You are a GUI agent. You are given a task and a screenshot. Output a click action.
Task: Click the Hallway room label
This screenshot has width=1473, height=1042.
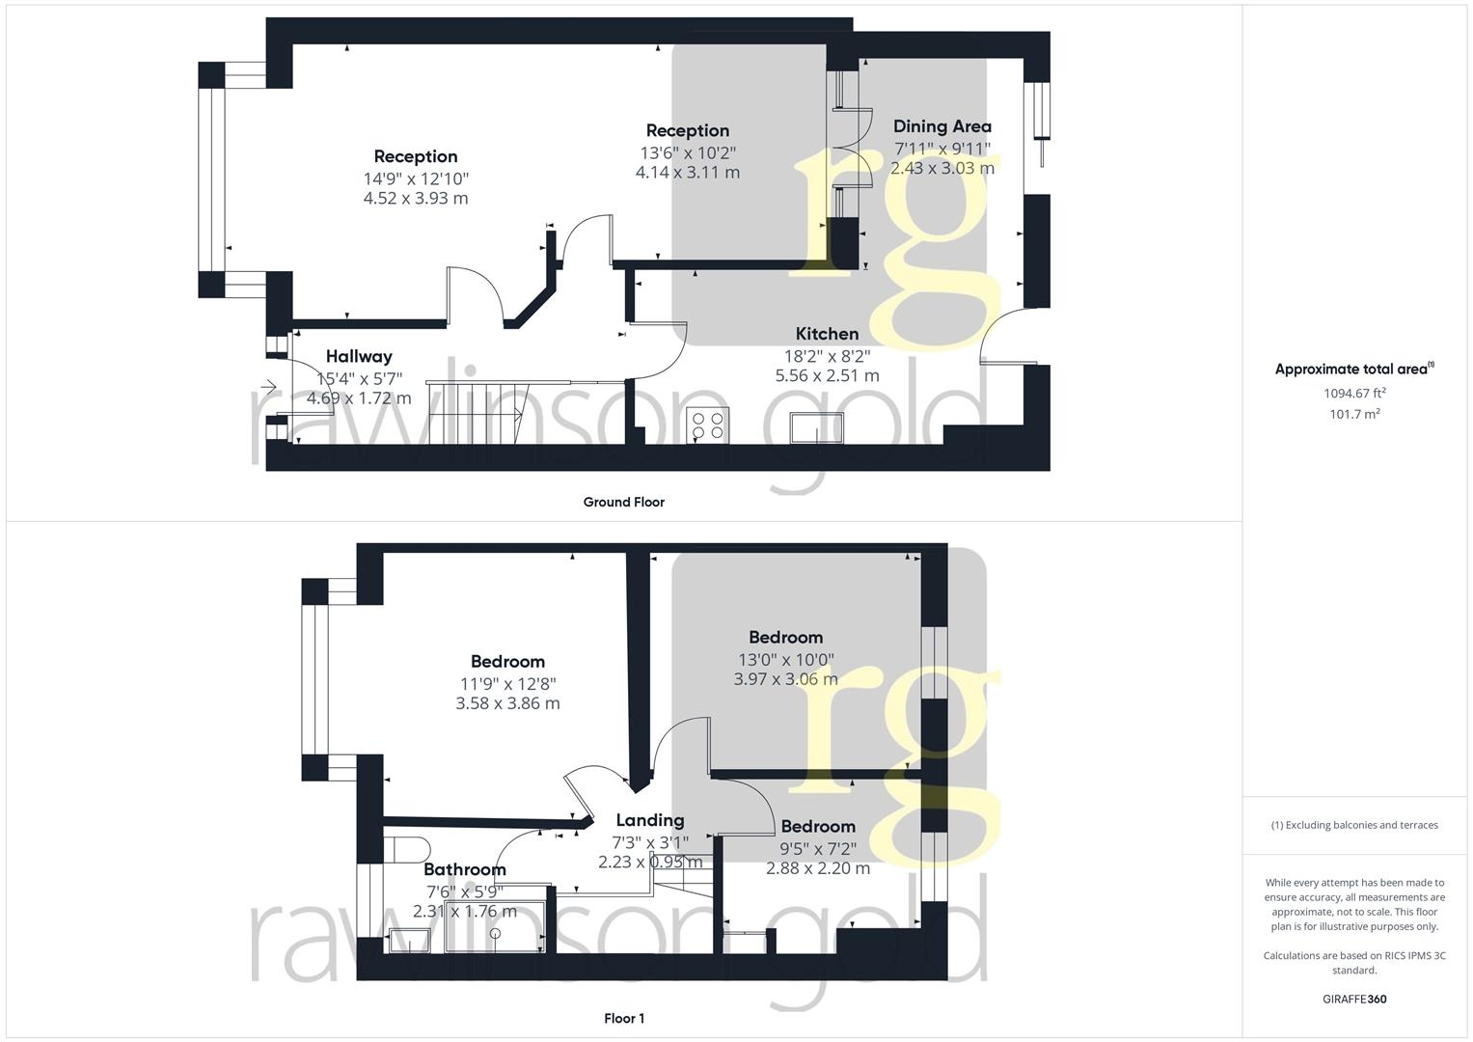[359, 357]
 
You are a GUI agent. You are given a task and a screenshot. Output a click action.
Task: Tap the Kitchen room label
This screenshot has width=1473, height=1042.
[827, 334]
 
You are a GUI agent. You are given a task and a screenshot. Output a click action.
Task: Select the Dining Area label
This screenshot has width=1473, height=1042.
[941, 126]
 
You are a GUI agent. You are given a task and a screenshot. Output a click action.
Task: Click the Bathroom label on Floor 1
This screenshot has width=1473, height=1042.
[464, 869]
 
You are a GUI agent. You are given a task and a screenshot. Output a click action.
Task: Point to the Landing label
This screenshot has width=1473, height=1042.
[650, 820]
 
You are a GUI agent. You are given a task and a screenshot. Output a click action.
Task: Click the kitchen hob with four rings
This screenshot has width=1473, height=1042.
[708, 425]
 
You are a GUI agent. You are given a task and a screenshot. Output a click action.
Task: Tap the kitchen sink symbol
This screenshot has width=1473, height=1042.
[817, 427]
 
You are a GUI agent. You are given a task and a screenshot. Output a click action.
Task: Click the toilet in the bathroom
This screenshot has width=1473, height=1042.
[406, 848]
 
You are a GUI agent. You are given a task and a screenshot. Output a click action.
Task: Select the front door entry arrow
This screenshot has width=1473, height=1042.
[268, 388]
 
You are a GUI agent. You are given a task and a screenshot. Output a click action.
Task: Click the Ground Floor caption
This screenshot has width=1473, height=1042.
[623, 502]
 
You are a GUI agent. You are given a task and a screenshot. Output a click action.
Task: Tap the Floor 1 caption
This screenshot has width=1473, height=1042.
[623, 1019]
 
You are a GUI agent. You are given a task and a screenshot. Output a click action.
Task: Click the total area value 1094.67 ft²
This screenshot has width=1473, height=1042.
[1353, 394]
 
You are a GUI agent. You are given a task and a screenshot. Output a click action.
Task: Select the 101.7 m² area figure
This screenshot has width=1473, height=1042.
[1353, 414]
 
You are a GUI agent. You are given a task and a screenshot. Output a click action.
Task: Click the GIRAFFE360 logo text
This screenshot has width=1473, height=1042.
[1353, 1000]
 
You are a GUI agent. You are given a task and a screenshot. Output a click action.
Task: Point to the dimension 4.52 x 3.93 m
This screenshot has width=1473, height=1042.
[416, 199]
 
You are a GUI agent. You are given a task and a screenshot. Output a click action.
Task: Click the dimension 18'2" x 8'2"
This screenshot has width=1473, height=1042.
[827, 355]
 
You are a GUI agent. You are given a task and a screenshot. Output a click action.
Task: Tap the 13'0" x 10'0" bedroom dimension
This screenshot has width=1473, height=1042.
[785, 659]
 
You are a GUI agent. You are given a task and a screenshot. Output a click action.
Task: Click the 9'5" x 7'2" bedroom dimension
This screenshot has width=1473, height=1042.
[818, 848]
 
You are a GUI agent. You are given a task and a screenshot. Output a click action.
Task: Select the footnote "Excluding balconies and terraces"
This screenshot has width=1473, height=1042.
[1354, 825]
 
